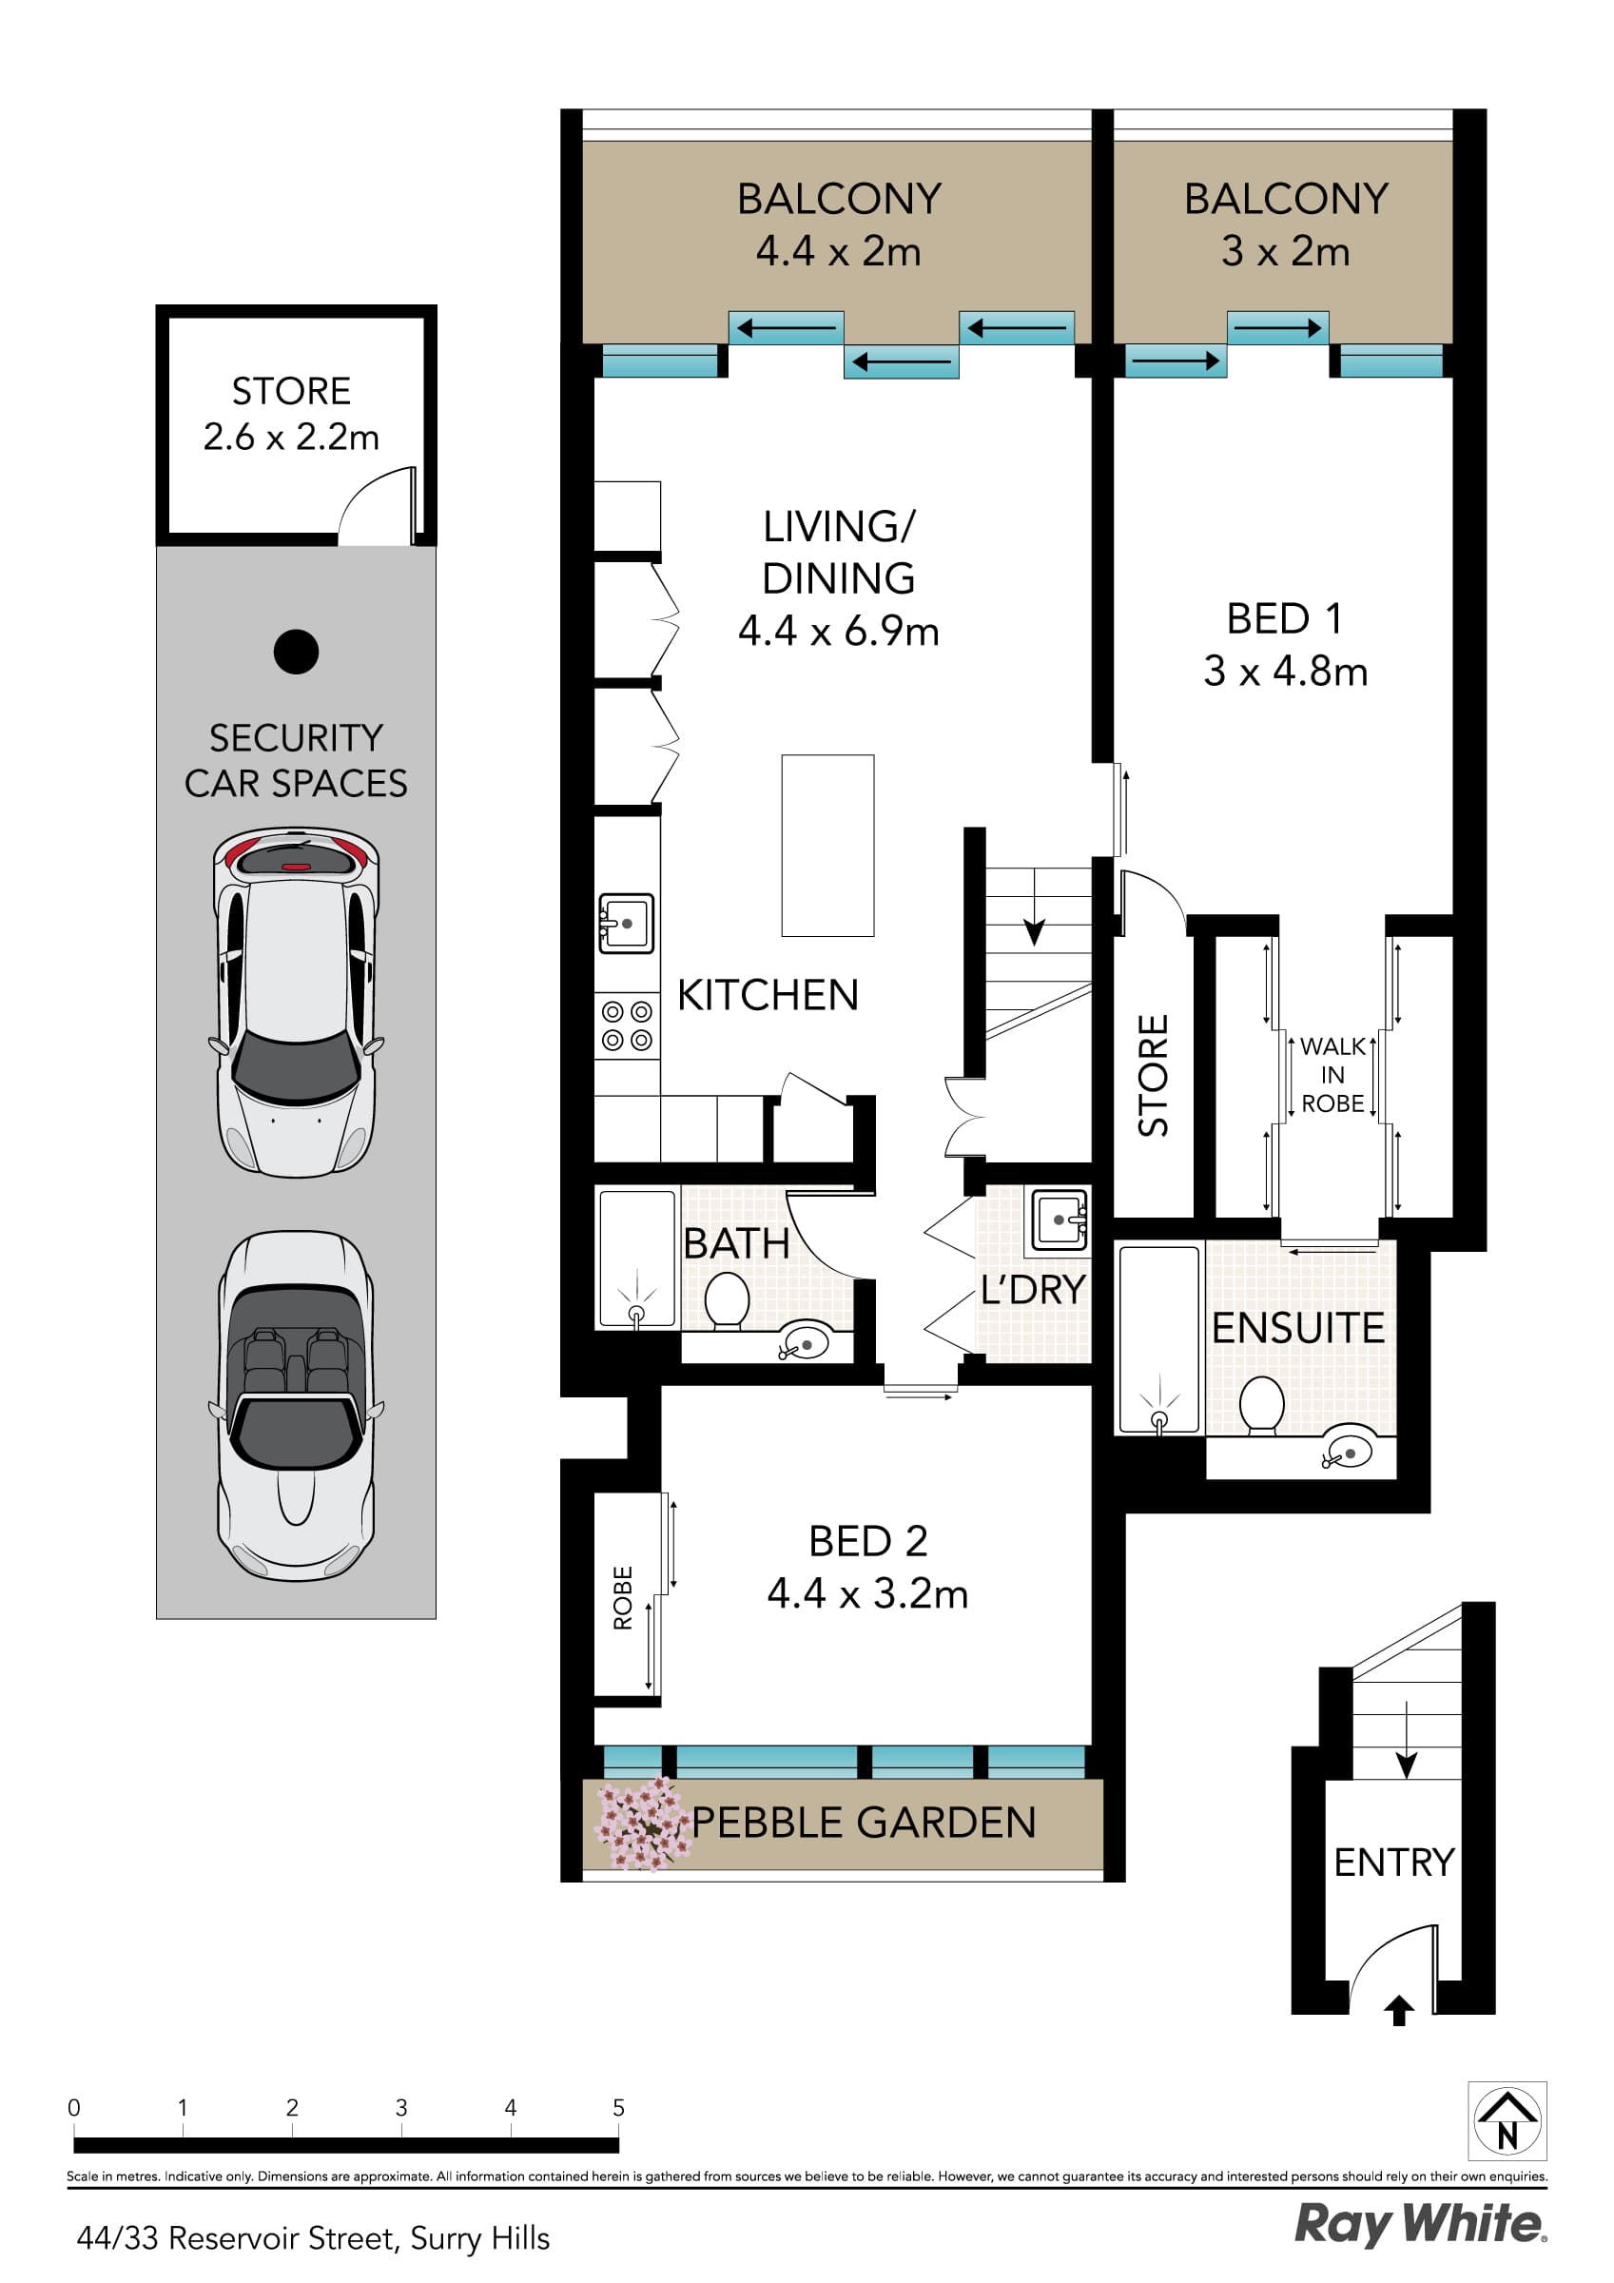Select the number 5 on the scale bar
(x=618, y=2107)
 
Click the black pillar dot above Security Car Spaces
(x=297, y=653)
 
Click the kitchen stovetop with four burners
(x=627, y=1026)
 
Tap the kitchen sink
(x=627, y=924)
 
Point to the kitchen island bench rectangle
(x=827, y=846)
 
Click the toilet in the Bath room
(x=727, y=1299)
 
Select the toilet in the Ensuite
(x=1262, y=1404)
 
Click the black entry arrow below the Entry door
(x=1399, y=2011)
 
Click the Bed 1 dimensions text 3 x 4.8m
(x=1285, y=673)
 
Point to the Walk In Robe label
(x=1332, y=1075)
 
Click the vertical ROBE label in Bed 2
(x=623, y=1598)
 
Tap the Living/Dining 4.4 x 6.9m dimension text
(x=838, y=632)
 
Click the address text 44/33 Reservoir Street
(x=313, y=2237)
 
